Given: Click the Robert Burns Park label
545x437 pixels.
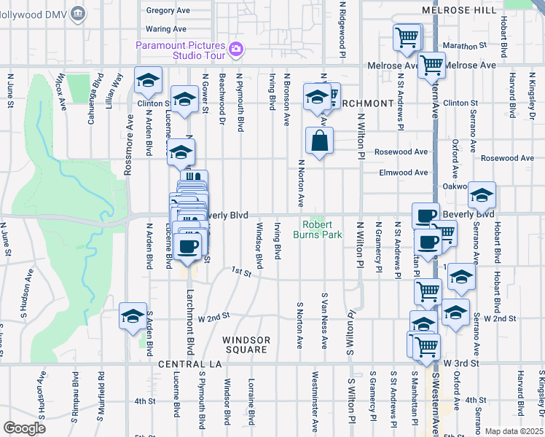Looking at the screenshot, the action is coord(317,229).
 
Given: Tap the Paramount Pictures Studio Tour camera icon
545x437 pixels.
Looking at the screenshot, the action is coord(235,50).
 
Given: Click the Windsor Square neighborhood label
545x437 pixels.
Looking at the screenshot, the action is coord(246,345).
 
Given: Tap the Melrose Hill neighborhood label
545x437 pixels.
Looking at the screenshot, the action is coord(460,10).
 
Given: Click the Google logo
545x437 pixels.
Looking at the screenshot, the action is coord(24,428).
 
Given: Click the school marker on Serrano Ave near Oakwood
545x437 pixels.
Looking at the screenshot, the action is coord(482,195).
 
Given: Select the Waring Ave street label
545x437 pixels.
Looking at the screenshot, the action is coord(167,29).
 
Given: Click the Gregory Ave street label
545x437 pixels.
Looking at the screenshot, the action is coord(168,11).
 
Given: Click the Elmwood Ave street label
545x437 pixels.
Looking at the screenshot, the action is coord(404,173).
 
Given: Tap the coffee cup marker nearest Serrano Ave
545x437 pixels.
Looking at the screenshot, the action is coord(426,216).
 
